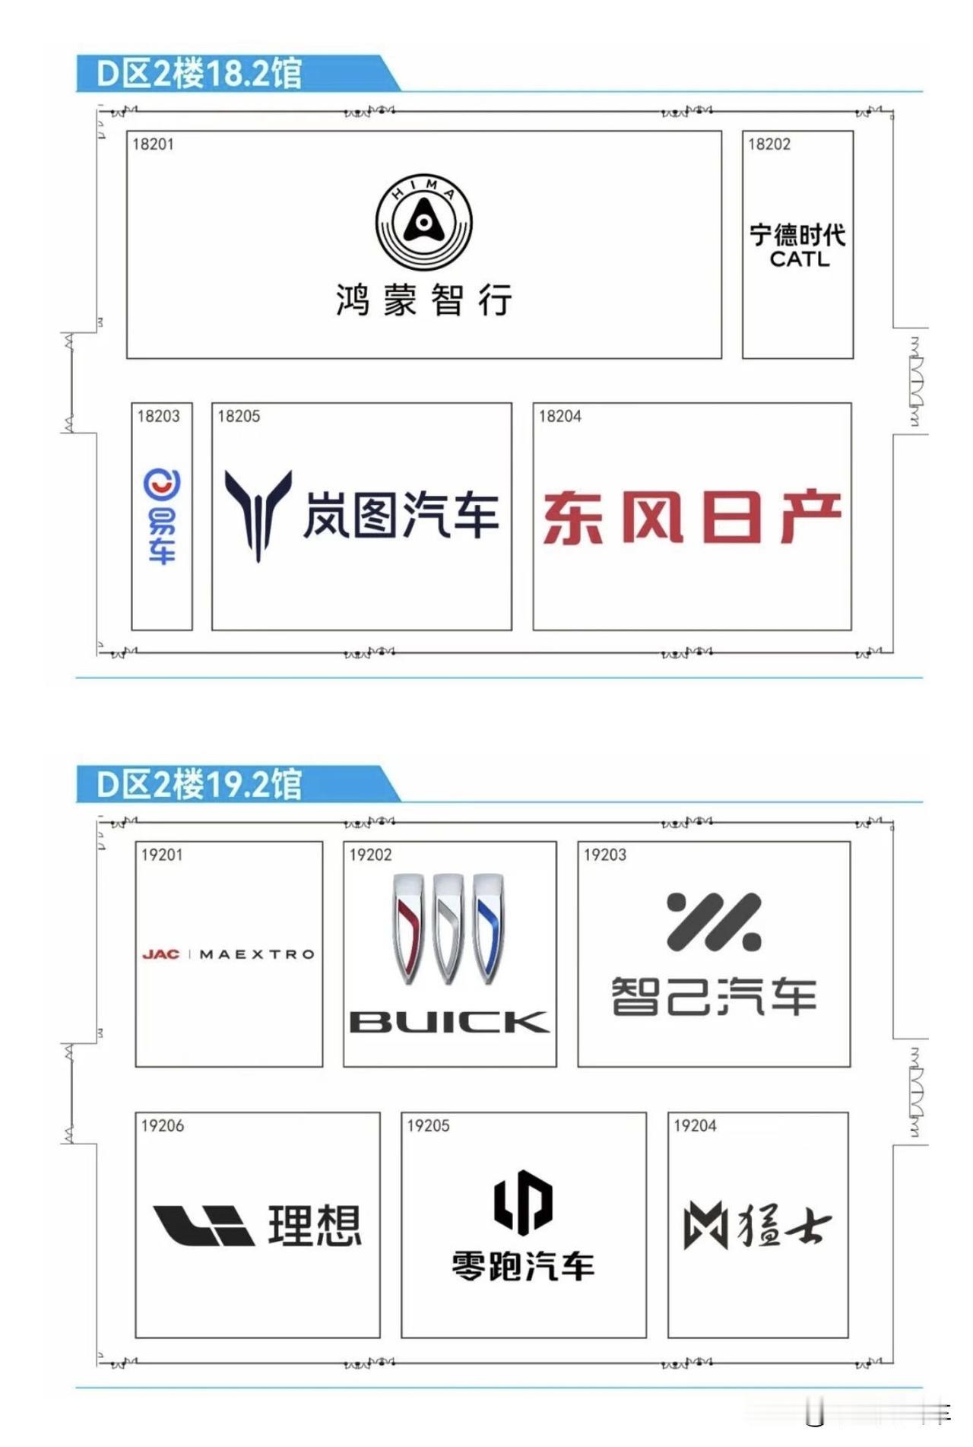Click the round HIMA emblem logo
pyautogui.click(x=424, y=222)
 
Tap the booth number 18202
pyautogui.click(x=769, y=144)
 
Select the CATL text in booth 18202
pyautogui.click(x=799, y=259)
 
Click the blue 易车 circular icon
pyautogui.click(x=162, y=484)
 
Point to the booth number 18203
pyautogui.click(x=158, y=416)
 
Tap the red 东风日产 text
pyautogui.click(x=692, y=516)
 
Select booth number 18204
pyautogui.click(x=559, y=416)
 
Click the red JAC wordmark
pyautogui.click(x=160, y=954)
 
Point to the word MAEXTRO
pyautogui.click(x=257, y=954)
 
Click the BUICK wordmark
pyautogui.click(x=448, y=1022)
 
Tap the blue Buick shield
pyautogui.click(x=489, y=928)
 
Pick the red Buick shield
pyautogui.click(x=408, y=928)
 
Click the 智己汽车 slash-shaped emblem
pyautogui.click(x=713, y=922)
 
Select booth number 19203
pyautogui.click(x=604, y=855)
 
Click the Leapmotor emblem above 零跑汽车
pyautogui.click(x=523, y=1201)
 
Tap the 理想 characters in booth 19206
pyautogui.click(x=315, y=1225)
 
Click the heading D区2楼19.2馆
pyautogui.click(x=199, y=784)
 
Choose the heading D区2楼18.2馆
pyautogui.click(x=199, y=74)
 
